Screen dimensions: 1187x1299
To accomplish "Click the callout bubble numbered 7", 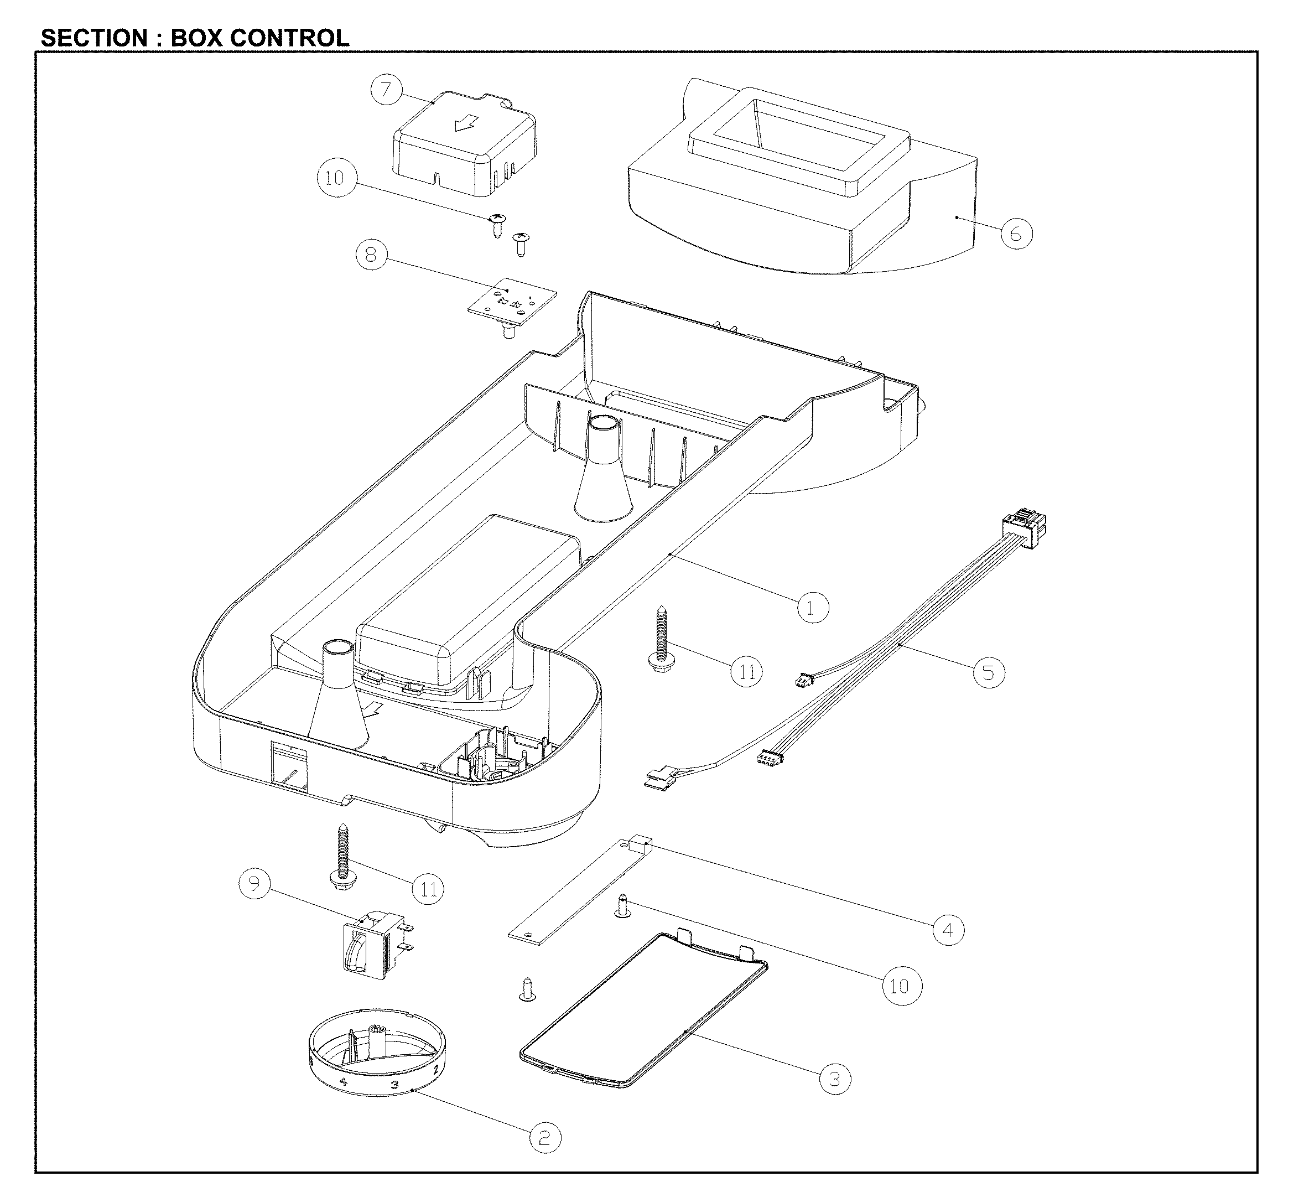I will click(x=386, y=89).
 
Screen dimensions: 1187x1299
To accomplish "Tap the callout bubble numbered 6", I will click(x=1016, y=234).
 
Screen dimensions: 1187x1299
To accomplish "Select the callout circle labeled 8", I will click(x=371, y=255).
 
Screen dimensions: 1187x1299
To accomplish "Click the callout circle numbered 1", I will click(x=813, y=608).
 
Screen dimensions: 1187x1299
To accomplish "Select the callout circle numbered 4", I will click(x=948, y=930).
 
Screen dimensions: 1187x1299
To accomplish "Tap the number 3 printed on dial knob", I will click(x=395, y=1085).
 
